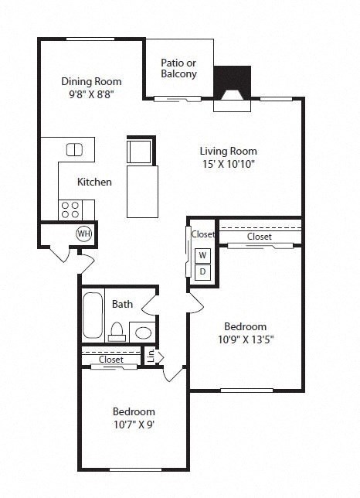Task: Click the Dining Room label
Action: point(92,81)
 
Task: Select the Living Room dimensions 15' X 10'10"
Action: point(228,164)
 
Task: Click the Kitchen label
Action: point(95,182)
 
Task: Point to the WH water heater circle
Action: point(83,233)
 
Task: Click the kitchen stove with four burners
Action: point(72,209)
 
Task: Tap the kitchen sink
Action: point(75,150)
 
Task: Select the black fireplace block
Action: point(232,80)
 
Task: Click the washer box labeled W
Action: point(203,255)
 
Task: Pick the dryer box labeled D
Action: point(203,271)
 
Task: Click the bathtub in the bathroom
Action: point(93,316)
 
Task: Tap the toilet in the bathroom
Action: point(117,331)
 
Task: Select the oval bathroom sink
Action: point(143,333)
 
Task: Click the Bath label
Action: point(123,304)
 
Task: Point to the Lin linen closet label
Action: point(150,356)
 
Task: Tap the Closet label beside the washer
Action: point(203,234)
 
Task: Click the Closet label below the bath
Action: point(111,360)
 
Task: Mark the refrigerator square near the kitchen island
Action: point(140,150)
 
